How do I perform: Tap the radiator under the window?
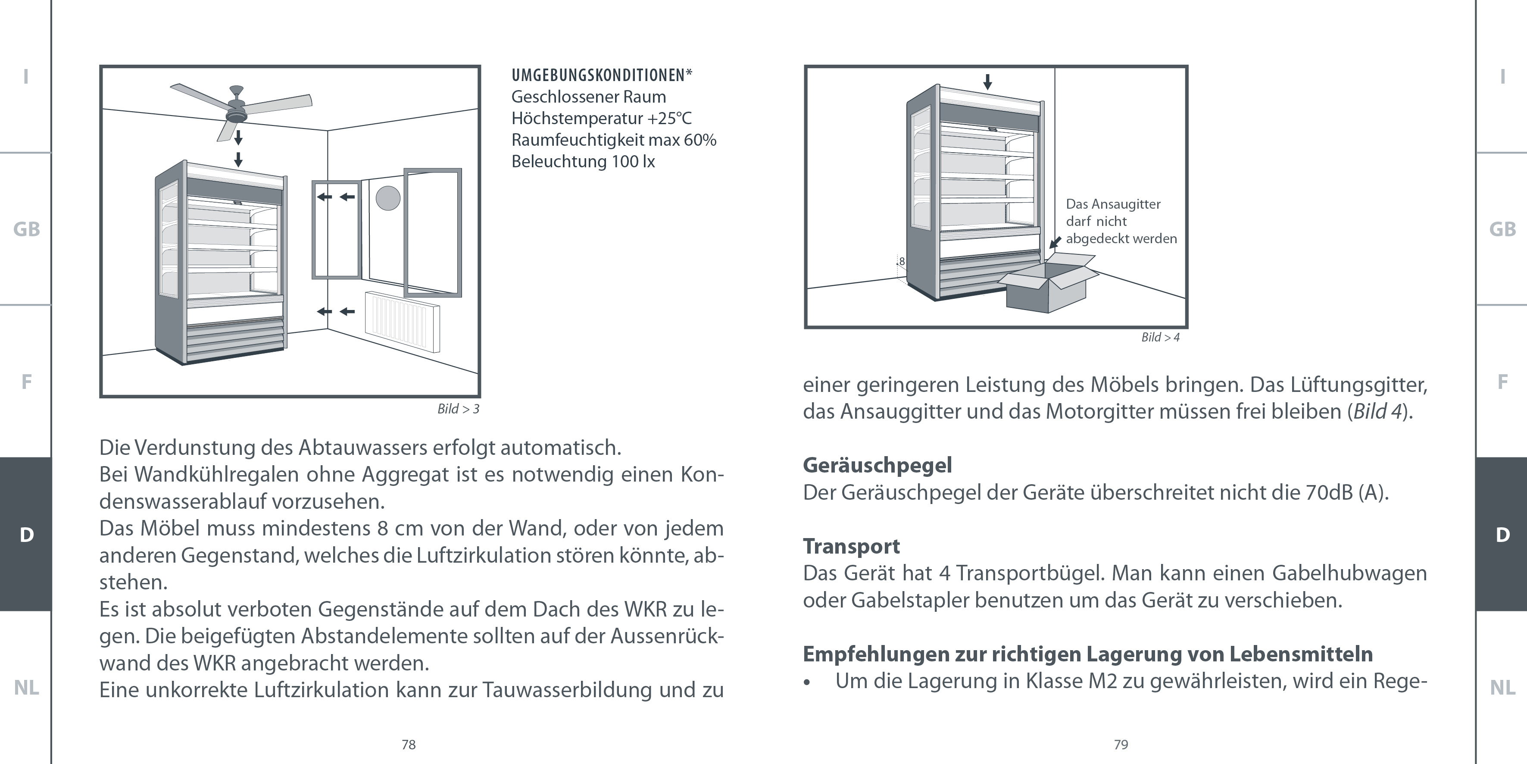[x=403, y=320]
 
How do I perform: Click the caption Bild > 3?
[x=458, y=409]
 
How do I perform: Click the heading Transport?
[x=851, y=546]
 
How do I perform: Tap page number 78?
[x=409, y=745]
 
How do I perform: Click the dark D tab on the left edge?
[x=26, y=535]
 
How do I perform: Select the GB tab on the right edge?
[x=1502, y=229]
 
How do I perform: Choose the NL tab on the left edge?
[x=26, y=688]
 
